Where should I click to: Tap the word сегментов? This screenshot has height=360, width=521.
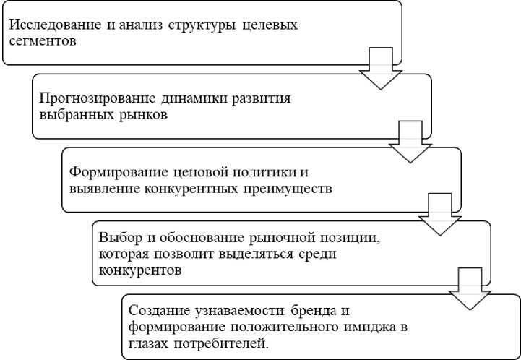(x=38, y=40)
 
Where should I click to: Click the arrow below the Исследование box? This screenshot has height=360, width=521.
(x=380, y=68)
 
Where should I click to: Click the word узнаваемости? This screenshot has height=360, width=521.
(x=233, y=311)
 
